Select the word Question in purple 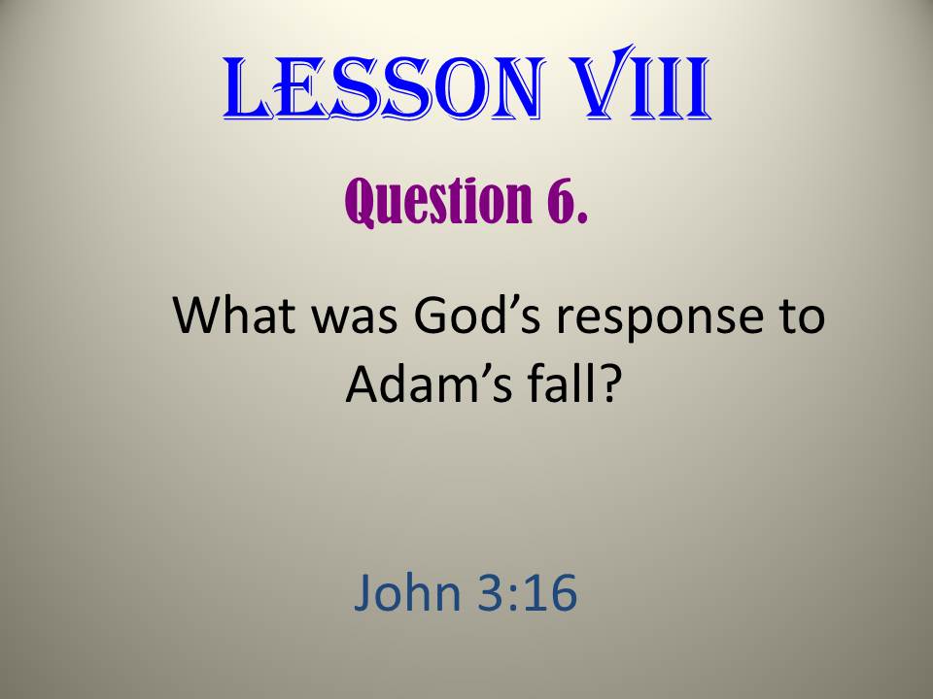click(438, 201)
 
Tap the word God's click(477, 315)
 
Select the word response click(659, 321)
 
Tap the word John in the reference click(407, 592)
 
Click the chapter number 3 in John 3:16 click(492, 592)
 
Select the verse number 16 click(551, 592)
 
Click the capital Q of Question click(359, 202)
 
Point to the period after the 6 click(581, 218)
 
